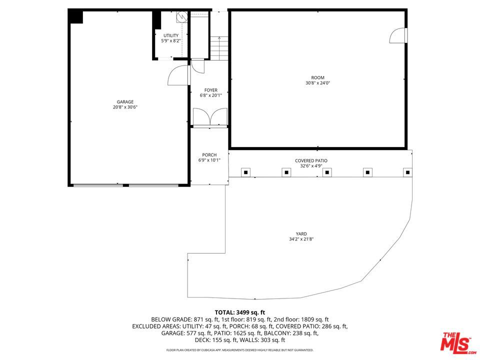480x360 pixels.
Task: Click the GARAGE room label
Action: pyautogui.click(x=125, y=102)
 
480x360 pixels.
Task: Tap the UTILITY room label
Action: pyautogui.click(x=170, y=35)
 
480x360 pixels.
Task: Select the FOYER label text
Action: pyautogui.click(x=210, y=90)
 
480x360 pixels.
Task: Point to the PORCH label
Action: pyautogui.click(x=209, y=155)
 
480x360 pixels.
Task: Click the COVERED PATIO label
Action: pyautogui.click(x=311, y=160)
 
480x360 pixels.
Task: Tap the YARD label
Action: pyautogui.click(x=301, y=233)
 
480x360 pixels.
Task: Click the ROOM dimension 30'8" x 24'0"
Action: pyautogui.click(x=318, y=83)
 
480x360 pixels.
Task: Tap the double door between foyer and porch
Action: pyautogui.click(x=209, y=117)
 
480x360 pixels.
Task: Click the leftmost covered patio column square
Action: pyautogui.click(x=245, y=172)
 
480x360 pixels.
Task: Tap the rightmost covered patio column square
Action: pyautogui.click(x=408, y=172)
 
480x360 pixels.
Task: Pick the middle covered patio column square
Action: pyautogui.click(x=327, y=172)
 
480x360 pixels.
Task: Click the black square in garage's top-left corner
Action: pyautogui.click(x=76, y=16)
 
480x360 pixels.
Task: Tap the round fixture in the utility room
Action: pyautogui.click(x=181, y=16)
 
